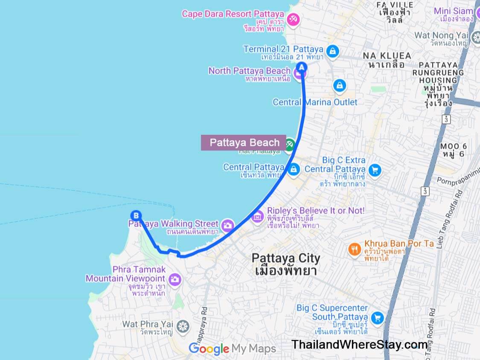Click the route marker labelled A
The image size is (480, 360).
[x=302, y=67]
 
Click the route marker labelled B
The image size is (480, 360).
[x=135, y=215]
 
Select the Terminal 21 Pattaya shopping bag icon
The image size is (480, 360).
[x=333, y=51]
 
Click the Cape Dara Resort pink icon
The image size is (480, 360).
[x=294, y=19]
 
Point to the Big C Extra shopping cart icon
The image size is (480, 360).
[x=375, y=170]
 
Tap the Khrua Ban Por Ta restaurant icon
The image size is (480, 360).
[x=354, y=249]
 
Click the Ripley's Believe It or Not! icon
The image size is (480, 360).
[x=257, y=217]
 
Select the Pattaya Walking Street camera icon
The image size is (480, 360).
[x=228, y=225]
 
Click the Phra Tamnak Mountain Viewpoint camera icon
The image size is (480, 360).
[x=175, y=280]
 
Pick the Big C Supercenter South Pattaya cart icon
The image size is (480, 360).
[x=377, y=318]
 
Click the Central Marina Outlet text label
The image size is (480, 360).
[x=315, y=102]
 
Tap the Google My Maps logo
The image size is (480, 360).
[x=232, y=348]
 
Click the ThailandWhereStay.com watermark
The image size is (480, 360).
[x=359, y=345]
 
